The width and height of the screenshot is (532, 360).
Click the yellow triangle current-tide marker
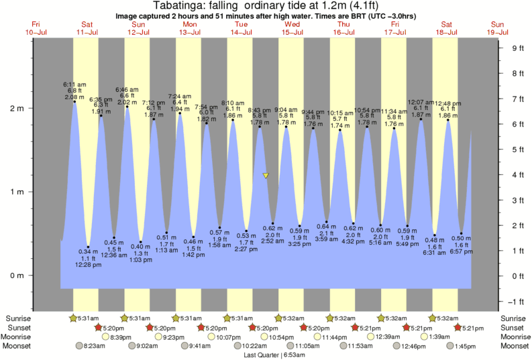tap(266, 176)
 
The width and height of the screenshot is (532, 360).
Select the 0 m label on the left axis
tap(20, 276)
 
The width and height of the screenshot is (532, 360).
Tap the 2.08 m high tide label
tap(74, 97)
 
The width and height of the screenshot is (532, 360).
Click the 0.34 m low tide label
tap(89, 251)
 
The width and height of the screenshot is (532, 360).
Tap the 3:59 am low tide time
tap(325, 239)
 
